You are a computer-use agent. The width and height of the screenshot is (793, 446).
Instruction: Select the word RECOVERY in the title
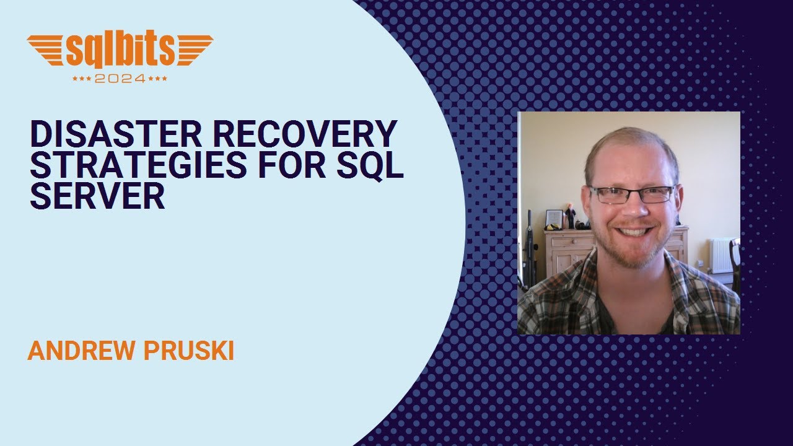pos(310,133)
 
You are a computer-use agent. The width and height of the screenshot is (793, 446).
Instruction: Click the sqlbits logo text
pos(120,51)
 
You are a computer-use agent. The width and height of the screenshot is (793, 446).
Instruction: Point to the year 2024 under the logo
pos(120,79)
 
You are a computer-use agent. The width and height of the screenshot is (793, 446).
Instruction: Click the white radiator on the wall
pos(720,255)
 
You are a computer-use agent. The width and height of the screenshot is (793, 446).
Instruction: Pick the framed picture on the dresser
pos(553,219)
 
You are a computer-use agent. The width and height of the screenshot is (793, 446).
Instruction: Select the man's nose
pos(633,208)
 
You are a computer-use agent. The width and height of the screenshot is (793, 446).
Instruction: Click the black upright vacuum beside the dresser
pos(531,248)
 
